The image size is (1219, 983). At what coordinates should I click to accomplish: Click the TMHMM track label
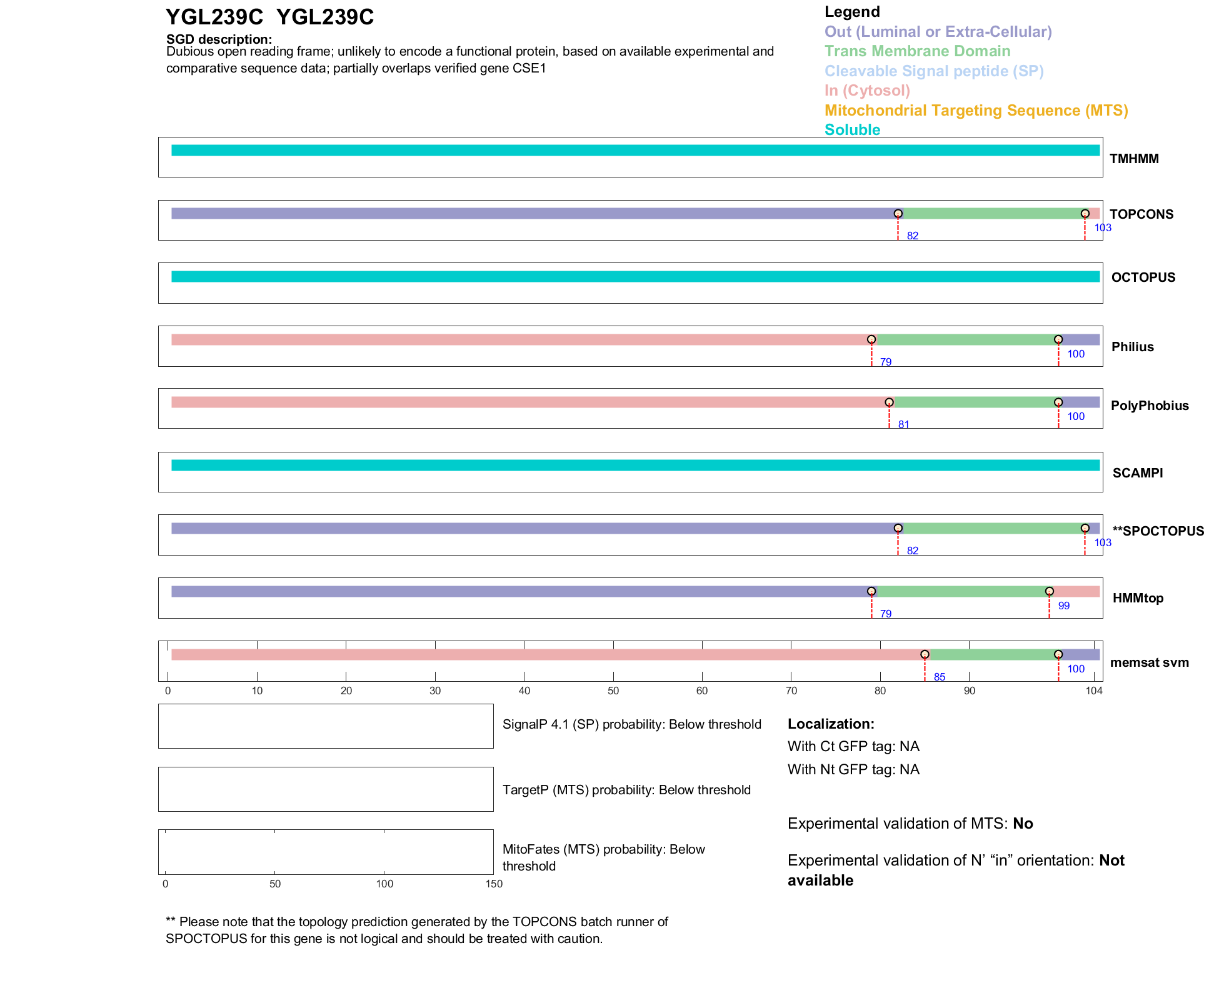click(1133, 159)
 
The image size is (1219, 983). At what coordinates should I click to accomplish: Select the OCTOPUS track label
click(1143, 277)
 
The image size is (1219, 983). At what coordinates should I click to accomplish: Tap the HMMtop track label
click(1138, 598)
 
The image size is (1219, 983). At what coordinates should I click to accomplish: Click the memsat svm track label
click(1149, 662)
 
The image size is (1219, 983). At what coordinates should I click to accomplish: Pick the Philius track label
click(1132, 347)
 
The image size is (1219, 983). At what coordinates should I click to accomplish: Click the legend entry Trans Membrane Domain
click(917, 51)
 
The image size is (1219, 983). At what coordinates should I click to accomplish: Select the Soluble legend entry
click(852, 130)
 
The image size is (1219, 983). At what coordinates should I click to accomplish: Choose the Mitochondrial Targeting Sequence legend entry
click(976, 111)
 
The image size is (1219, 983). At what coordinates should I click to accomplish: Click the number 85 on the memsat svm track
click(939, 677)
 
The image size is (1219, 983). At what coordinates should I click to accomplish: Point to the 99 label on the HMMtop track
click(1063, 606)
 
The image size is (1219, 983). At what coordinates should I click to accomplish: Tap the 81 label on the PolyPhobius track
click(903, 425)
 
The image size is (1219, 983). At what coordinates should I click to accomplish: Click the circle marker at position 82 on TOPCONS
click(898, 214)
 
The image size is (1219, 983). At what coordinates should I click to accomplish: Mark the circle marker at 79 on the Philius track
click(871, 339)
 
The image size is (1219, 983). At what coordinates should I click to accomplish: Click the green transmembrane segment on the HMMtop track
click(960, 592)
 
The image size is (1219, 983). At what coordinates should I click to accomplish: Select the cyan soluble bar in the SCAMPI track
click(635, 465)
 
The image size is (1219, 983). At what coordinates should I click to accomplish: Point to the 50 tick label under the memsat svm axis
click(613, 691)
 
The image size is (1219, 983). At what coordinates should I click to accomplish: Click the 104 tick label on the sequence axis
click(1094, 691)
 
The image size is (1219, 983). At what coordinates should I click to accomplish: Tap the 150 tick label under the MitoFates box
click(494, 884)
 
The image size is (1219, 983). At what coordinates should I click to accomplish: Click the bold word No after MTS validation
click(1023, 824)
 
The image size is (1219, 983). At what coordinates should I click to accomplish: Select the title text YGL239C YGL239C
click(269, 17)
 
